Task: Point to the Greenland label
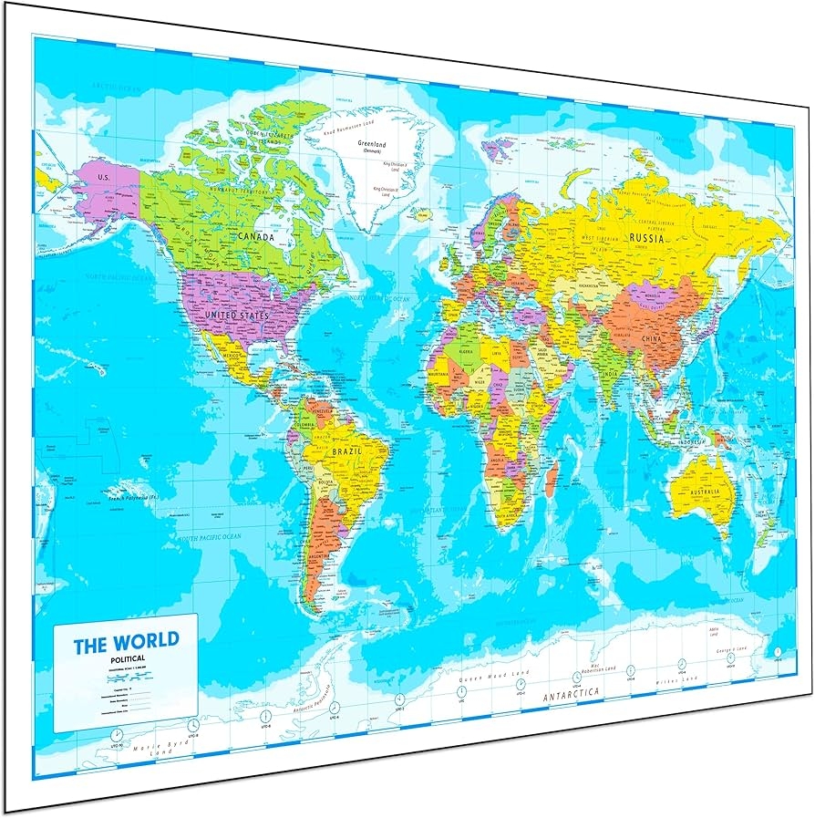pyautogui.click(x=372, y=144)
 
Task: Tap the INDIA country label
pyautogui.click(x=611, y=373)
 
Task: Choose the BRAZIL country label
pyautogui.click(x=346, y=450)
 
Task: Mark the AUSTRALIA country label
pyautogui.click(x=705, y=492)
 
